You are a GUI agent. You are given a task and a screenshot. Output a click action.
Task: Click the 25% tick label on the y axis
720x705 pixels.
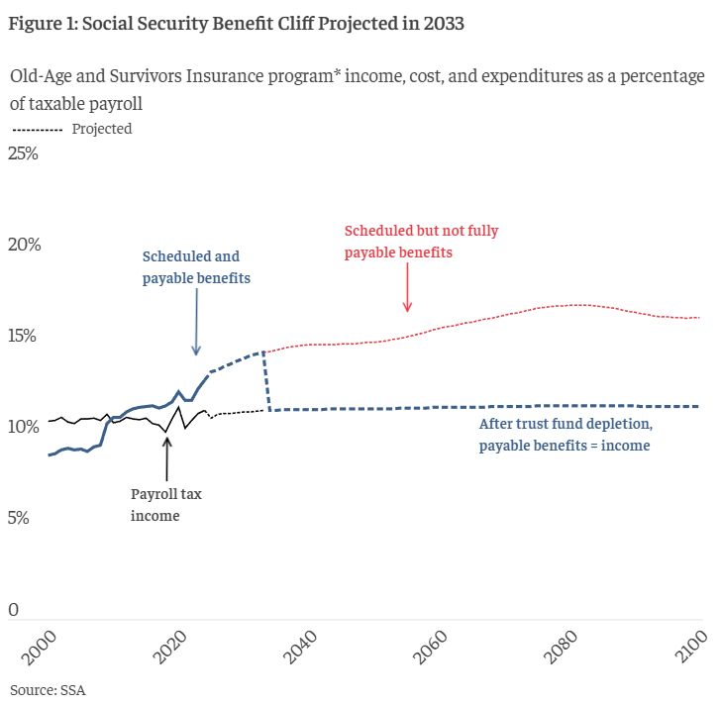pos(23,153)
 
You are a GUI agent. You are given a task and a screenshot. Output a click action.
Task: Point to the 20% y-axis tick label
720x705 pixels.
pos(23,245)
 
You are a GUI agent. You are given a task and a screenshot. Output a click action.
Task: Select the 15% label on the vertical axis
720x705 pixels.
pos(23,336)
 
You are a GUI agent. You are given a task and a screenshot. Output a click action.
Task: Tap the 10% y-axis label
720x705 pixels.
pos(23,427)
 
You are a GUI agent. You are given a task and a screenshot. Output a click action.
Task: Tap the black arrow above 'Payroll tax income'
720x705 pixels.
pos(166,458)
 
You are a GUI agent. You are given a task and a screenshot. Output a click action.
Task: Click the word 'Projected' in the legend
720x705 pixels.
pos(102,129)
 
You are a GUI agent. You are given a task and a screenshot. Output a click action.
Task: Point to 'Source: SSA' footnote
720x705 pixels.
pos(48,689)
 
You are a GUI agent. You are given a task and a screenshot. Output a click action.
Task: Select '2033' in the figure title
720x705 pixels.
pos(443,24)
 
